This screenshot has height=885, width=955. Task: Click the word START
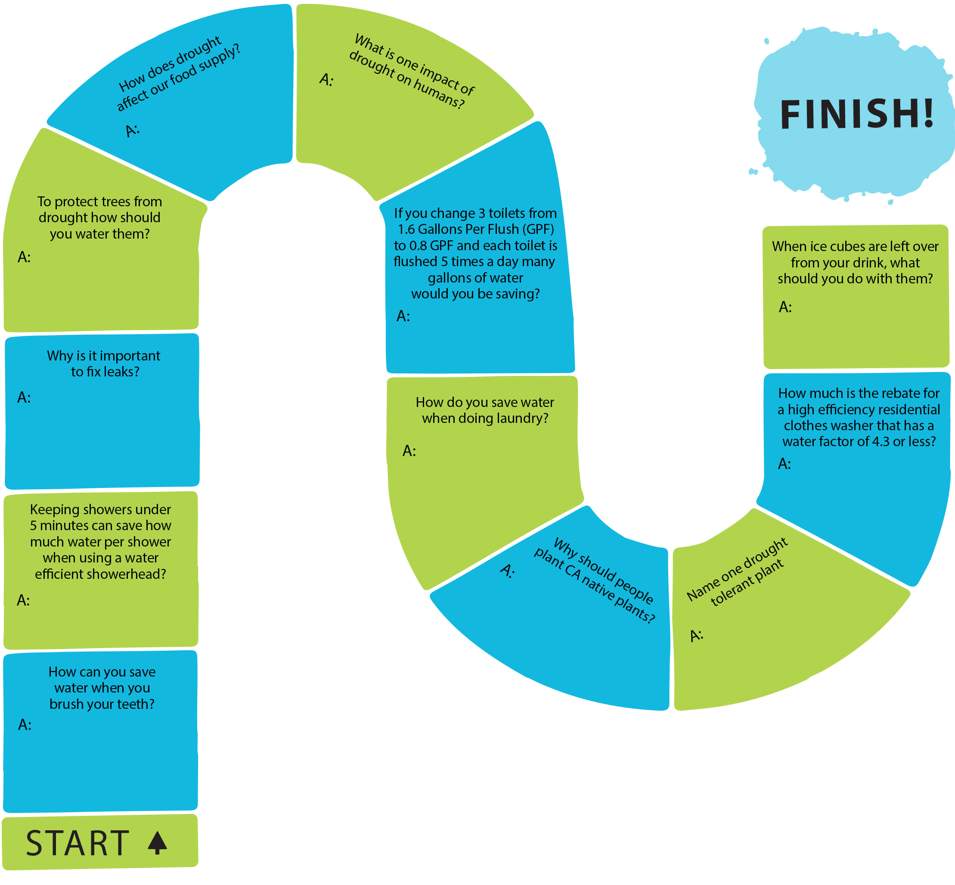point(78,843)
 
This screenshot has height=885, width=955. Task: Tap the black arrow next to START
point(158,843)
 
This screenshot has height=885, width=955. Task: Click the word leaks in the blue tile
point(121,372)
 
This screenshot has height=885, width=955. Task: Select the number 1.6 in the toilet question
point(406,230)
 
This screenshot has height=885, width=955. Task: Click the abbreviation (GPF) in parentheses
point(539,230)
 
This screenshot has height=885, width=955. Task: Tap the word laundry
point(523,419)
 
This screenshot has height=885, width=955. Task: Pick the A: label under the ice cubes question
point(785,307)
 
